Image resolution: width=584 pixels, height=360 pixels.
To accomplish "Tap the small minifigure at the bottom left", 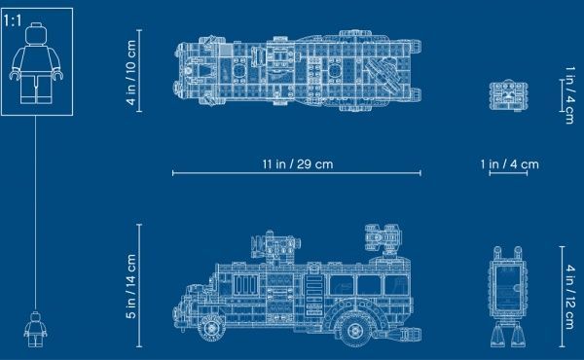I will [36, 330].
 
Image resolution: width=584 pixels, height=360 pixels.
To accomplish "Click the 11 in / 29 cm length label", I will [296, 163].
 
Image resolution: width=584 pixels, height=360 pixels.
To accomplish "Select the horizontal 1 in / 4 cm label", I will [509, 163].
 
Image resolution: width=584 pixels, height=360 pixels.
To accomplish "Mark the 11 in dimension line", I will [296, 176].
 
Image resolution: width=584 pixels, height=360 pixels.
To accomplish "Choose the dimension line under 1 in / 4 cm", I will [509, 176].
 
